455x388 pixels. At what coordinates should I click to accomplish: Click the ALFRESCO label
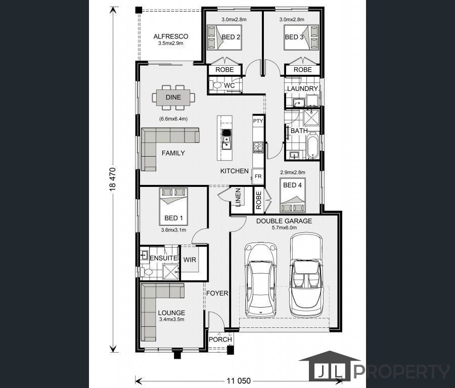coord(171,36)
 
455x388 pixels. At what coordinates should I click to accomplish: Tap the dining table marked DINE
coord(173,98)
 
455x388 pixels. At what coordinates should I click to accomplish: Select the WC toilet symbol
coord(217,85)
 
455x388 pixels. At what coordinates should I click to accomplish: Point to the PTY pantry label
coord(258,121)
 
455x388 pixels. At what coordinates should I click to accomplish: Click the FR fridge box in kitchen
coord(258,176)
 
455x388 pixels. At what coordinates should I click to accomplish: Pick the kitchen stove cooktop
coord(258,147)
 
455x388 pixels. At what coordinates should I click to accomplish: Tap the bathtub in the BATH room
coord(312,145)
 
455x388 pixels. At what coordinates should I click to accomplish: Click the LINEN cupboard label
coord(238,198)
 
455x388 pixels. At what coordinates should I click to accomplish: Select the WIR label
coord(190,260)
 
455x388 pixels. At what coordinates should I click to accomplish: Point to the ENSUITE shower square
coord(171,272)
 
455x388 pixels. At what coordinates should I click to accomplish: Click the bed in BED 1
coord(173,207)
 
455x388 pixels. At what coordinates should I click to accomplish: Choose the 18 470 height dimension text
coord(113,179)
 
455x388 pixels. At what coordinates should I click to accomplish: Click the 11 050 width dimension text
coord(239,380)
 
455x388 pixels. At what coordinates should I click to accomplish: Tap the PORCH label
coord(220,339)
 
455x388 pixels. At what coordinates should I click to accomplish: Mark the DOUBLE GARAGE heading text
coord(284,221)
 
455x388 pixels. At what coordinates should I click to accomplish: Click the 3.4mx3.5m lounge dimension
coord(171,320)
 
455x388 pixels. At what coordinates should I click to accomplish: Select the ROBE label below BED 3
coord(303,70)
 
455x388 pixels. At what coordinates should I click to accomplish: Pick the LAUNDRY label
coord(302,89)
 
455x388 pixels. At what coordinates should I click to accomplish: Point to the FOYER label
coord(217,294)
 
